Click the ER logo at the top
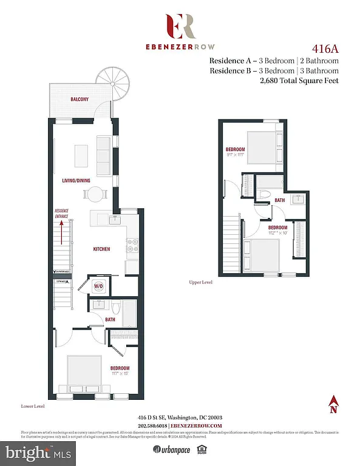(180, 26)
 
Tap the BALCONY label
(80, 98)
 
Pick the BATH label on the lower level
(110, 319)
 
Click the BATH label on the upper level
(279, 200)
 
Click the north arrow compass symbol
(333, 405)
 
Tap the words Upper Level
(201, 282)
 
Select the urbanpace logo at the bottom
(171, 450)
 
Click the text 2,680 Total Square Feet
(299, 80)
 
